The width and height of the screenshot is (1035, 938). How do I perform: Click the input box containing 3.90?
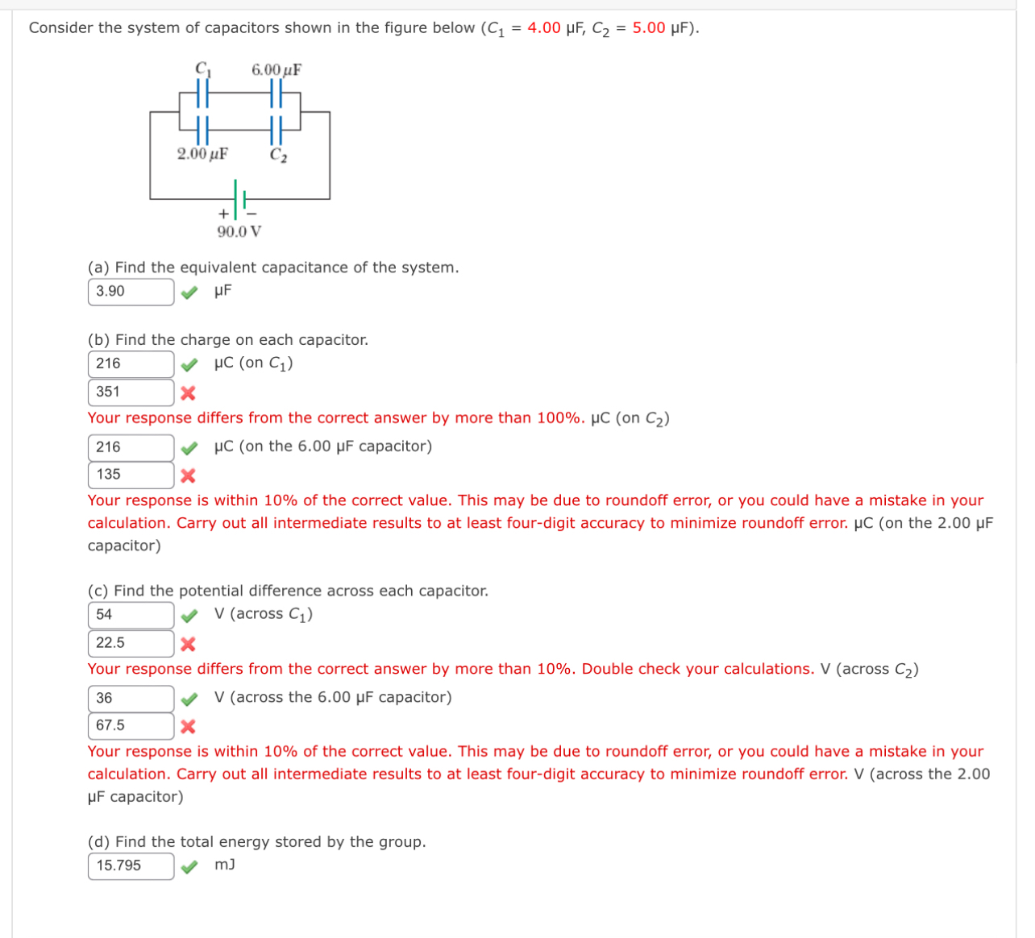[131, 292]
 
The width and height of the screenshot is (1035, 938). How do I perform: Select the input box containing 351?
[131, 392]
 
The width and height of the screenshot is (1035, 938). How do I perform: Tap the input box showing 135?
[131, 475]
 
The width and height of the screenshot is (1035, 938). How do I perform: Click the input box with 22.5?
[131, 643]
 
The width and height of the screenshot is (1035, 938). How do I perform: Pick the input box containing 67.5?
[131, 726]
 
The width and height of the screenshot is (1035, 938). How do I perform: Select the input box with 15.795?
[131, 866]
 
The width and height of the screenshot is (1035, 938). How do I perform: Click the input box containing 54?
[131, 616]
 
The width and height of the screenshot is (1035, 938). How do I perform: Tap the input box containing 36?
[131, 699]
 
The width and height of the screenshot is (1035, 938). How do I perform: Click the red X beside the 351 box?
[188, 393]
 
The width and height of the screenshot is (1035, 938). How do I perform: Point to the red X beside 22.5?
[188, 644]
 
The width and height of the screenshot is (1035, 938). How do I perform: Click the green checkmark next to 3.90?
[188, 293]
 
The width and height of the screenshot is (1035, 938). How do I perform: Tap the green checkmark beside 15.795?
[188, 867]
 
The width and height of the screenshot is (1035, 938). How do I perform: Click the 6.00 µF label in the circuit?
[276, 70]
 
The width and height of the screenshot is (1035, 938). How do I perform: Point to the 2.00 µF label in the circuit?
[202, 154]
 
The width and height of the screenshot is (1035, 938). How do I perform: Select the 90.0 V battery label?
[239, 232]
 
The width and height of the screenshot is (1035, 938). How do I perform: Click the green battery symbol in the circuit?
[239, 198]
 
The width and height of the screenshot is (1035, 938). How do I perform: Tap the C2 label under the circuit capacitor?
[278, 156]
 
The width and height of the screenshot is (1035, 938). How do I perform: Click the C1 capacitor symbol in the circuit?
[204, 93]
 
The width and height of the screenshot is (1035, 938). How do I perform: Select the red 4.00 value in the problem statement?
[544, 28]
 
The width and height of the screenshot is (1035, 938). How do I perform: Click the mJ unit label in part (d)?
[225, 865]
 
